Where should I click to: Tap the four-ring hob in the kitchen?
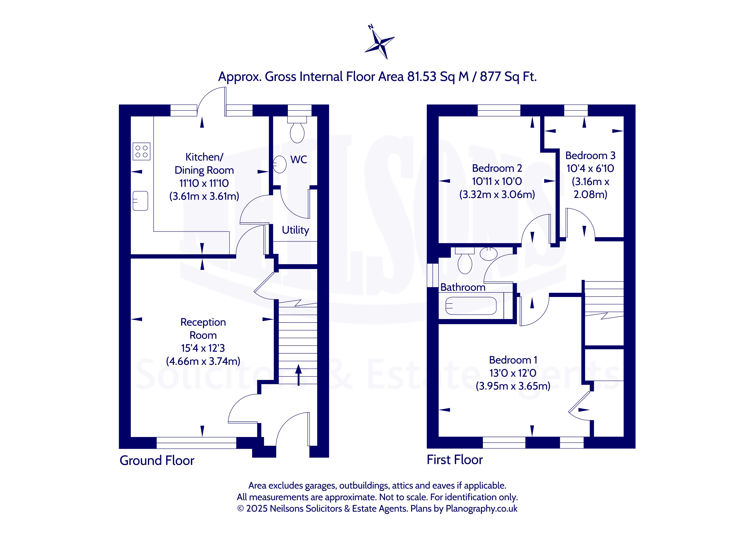(x=141, y=151)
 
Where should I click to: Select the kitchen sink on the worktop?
(x=140, y=201)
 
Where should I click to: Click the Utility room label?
(x=295, y=230)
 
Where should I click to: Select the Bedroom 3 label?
(x=590, y=156)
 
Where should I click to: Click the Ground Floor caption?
(x=157, y=461)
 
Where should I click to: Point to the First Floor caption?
(x=455, y=460)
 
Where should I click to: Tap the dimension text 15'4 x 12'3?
(x=203, y=348)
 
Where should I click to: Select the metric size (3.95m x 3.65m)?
(x=513, y=386)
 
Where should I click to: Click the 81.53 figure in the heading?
(x=422, y=77)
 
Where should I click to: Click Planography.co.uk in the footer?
(x=481, y=509)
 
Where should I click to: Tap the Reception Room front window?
(x=196, y=443)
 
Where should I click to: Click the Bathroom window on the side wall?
(x=433, y=276)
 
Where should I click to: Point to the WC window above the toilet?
(x=299, y=110)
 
